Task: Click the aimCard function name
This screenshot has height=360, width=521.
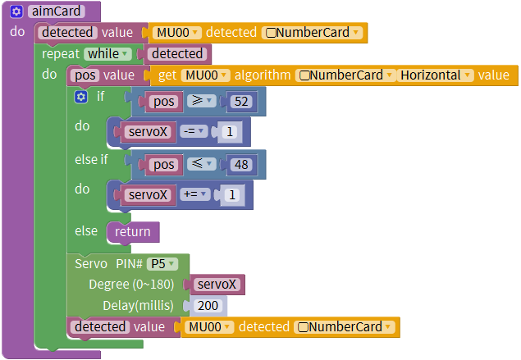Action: (x=57, y=11)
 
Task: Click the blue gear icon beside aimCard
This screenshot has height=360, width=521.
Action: (x=16, y=11)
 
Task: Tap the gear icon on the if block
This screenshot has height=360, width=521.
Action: (x=80, y=97)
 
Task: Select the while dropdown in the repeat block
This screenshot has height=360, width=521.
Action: (x=107, y=54)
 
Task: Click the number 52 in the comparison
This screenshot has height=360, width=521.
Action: (x=241, y=102)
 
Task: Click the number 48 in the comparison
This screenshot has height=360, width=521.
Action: (x=241, y=164)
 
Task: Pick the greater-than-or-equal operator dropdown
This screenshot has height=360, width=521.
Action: (x=202, y=101)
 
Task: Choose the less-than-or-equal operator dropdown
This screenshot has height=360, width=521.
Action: (x=202, y=163)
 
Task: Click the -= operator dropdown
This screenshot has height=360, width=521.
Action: (x=194, y=131)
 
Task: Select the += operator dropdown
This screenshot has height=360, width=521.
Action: (x=195, y=194)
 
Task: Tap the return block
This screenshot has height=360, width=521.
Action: (x=133, y=232)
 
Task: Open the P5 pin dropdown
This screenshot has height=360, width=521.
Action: (x=162, y=264)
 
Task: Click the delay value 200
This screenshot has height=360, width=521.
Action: (x=208, y=306)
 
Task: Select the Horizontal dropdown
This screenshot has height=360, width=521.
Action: (x=436, y=75)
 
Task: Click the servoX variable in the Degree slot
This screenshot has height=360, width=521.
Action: (x=217, y=285)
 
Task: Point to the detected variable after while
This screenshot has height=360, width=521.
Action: (x=177, y=54)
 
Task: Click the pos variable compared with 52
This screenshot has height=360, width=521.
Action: (x=163, y=102)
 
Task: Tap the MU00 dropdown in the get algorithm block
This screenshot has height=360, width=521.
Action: (x=206, y=75)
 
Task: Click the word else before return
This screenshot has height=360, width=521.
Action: (x=86, y=230)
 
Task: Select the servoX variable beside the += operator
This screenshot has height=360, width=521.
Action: (x=148, y=195)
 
